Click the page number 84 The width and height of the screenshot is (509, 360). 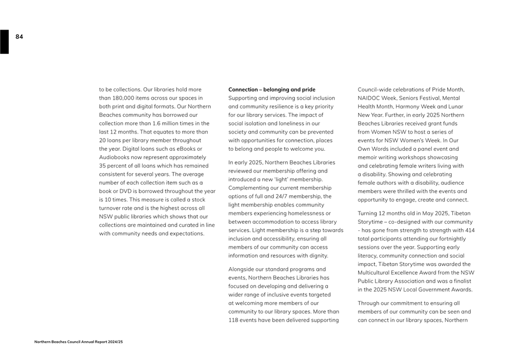[19, 37]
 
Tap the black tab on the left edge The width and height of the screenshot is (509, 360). [4, 42]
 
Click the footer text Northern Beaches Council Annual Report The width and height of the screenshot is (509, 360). [79, 342]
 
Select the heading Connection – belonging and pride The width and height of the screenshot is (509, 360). [272, 90]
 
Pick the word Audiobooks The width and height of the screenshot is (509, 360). [115, 157]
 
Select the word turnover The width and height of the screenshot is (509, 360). [113, 208]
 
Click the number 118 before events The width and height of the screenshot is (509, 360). [234, 320]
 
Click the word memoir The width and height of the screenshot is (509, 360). [367, 157]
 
